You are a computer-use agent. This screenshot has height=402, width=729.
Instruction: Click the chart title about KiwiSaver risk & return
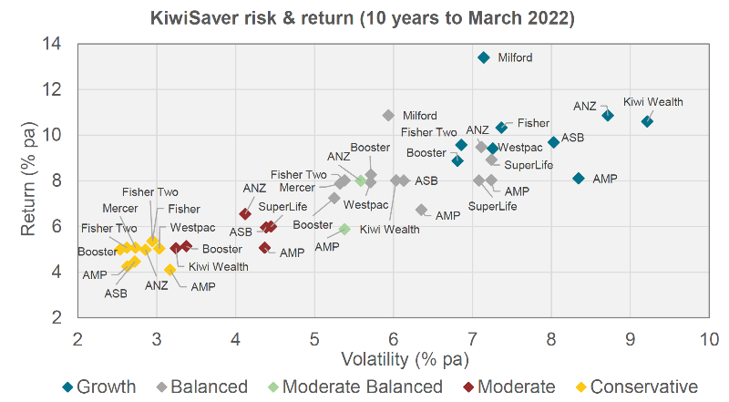[364, 17]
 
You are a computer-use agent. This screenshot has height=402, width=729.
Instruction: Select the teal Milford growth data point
[484, 57]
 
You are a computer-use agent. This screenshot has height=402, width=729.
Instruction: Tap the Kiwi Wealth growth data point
[647, 121]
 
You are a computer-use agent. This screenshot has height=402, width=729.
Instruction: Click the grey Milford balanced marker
[388, 116]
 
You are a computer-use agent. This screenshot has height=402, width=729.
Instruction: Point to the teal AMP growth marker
[579, 178]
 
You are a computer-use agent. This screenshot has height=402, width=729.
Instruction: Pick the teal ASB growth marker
[553, 142]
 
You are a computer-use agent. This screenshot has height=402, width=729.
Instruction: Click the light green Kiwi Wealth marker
[345, 230]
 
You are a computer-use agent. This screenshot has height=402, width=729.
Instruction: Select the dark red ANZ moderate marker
[244, 213]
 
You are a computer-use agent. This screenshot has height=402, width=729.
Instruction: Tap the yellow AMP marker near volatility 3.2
[170, 270]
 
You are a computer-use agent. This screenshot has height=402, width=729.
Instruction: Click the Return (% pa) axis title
[28, 180]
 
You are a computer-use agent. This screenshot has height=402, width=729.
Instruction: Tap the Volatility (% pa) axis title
[393, 358]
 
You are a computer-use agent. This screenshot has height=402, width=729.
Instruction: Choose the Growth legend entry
[103, 387]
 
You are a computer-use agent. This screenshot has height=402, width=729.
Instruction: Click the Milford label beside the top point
[515, 57]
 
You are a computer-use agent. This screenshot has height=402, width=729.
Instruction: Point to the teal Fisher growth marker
[501, 128]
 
